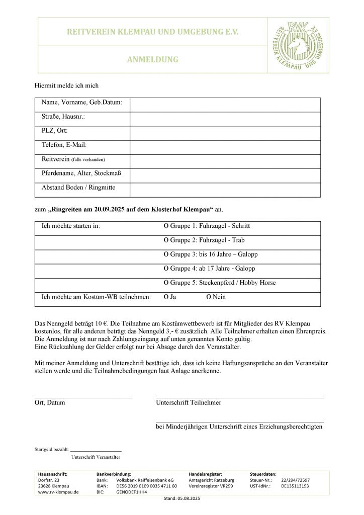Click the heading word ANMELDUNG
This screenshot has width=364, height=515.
(x=153, y=59)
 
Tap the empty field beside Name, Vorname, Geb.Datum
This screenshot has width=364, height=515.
(x=225, y=105)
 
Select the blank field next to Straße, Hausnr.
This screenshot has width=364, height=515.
(x=225, y=119)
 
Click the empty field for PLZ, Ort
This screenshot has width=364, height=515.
(x=225, y=133)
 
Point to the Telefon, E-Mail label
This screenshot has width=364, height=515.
(x=64, y=145)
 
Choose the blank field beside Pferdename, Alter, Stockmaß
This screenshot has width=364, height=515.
(x=225, y=176)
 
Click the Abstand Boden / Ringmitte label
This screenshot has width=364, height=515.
(x=78, y=188)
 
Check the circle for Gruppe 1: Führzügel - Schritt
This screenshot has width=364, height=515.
(x=166, y=226)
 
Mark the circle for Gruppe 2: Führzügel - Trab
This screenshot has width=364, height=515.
(x=166, y=240)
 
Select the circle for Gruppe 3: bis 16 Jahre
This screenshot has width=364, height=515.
(x=166, y=254)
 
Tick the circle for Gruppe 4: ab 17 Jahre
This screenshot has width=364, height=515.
(x=166, y=269)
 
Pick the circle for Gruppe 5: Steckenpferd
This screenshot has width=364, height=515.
(x=166, y=283)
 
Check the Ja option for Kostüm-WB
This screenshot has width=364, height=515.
(x=166, y=297)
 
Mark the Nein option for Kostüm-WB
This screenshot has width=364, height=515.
(x=209, y=297)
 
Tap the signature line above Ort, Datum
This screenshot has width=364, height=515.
(x=83, y=397)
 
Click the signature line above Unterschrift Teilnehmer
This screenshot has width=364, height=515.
(x=240, y=397)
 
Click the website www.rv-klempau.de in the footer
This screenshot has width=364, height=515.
(x=58, y=493)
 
